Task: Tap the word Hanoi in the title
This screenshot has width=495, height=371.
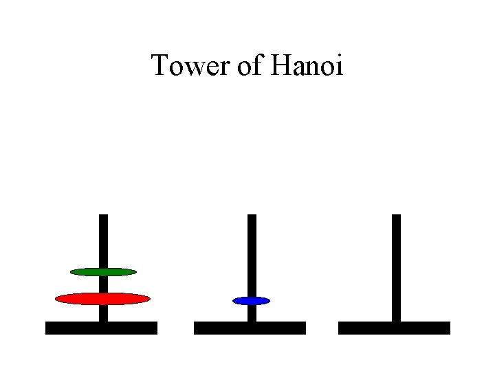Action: point(307,67)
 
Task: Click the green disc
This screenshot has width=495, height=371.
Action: point(103,272)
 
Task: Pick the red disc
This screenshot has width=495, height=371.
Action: point(102,298)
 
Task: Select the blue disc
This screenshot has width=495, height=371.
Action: point(252,301)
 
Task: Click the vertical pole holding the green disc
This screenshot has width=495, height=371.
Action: point(103,240)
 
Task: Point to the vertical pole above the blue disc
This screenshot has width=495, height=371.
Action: point(252,254)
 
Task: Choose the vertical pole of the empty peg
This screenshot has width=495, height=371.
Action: point(396,268)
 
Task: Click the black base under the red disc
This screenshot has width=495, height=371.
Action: point(101,328)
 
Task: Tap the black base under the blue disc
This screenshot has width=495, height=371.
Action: point(250,328)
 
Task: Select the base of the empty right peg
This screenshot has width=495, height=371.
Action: point(394,328)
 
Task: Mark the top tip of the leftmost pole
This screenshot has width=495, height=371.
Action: point(103,216)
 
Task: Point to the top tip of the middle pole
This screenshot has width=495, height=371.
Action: point(252,216)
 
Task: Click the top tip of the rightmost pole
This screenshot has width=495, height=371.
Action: point(396,216)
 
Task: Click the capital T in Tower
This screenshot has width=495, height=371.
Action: point(159,67)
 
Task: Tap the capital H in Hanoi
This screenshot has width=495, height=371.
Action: point(282,67)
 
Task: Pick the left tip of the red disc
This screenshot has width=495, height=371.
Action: point(56,298)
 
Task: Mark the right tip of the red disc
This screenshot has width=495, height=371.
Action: point(149,298)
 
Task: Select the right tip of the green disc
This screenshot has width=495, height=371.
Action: point(136,272)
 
